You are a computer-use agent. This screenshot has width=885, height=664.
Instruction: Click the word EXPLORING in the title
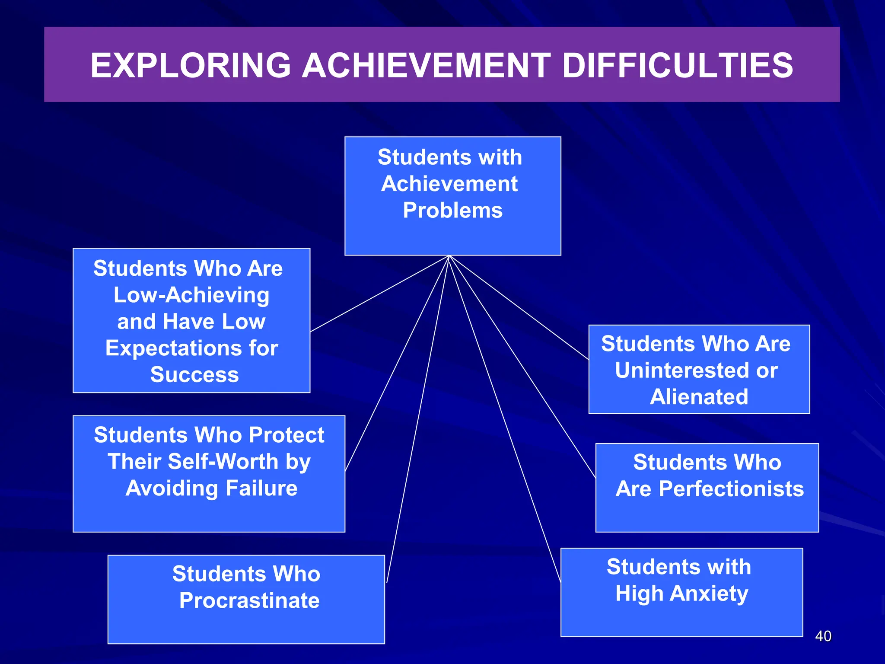point(191,66)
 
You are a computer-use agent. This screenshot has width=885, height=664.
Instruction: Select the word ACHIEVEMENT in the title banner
point(426,66)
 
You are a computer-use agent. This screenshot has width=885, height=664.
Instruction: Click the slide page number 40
point(823,636)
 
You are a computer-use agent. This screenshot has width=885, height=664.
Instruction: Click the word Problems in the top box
point(452,211)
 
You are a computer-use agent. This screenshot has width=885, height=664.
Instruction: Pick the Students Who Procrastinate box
point(246,622)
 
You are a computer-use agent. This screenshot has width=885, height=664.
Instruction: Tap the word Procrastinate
point(249,600)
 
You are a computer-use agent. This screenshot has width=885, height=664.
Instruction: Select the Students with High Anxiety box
point(681,618)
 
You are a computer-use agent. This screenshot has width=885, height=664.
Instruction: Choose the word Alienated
point(699,397)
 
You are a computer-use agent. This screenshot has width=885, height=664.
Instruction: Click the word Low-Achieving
point(191,295)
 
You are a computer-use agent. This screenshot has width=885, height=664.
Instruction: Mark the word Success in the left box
point(194,374)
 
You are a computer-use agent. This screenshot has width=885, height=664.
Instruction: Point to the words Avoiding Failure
point(211,488)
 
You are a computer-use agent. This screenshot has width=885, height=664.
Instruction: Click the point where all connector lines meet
point(449,256)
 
